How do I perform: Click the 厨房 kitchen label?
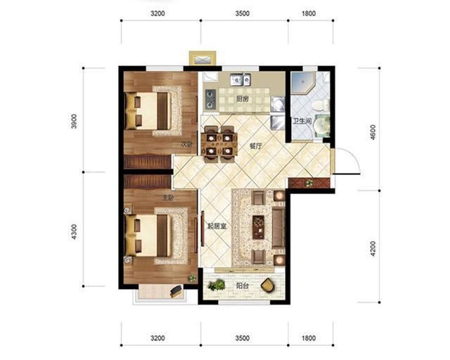[x=242, y=99]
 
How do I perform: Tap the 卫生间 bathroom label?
[x=302, y=121]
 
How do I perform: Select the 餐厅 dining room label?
[x=255, y=146]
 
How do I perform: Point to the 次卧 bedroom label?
[x=186, y=144]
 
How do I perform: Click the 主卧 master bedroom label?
[x=169, y=198]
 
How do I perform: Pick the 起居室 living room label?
[x=217, y=226]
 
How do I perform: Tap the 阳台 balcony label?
[x=242, y=286]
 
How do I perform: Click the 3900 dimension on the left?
[x=74, y=121]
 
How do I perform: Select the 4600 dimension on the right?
[x=373, y=132]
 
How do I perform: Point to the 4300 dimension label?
[x=74, y=232]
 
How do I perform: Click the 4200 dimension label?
[x=373, y=249]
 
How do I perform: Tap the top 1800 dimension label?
[x=309, y=13]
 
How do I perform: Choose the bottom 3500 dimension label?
[x=243, y=338]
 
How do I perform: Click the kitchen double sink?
[x=240, y=79]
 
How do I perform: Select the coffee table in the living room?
[x=258, y=227]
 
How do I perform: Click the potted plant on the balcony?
[x=217, y=285]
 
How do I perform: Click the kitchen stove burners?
[x=211, y=99]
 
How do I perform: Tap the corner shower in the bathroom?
[x=302, y=83]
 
